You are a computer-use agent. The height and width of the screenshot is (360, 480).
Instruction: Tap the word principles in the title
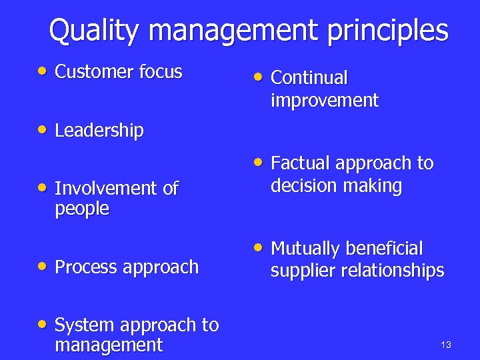[387, 31]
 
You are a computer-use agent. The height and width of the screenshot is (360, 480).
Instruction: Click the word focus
[161, 72]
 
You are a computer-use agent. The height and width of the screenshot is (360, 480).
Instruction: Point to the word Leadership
[99, 131]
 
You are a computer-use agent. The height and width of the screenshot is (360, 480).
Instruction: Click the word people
[81, 209]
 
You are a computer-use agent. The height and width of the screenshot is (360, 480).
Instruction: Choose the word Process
[84, 267]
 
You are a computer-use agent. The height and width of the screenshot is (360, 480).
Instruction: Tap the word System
[83, 325]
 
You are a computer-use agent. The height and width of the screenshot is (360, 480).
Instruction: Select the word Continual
[309, 79]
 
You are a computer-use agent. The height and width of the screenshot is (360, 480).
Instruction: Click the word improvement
[324, 101]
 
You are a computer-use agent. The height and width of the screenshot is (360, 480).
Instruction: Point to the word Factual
[301, 163]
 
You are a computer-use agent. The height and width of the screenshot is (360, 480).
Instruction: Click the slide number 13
[446, 345]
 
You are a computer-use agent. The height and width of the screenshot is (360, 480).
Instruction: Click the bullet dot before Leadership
[43, 129]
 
